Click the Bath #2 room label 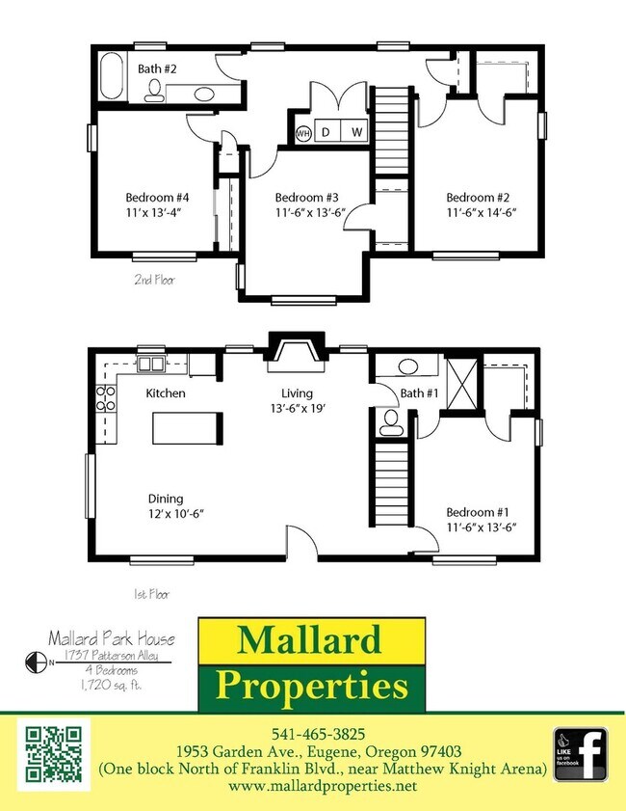[155, 68]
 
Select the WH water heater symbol [303, 132]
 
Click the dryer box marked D [326, 132]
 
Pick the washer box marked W [355, 132]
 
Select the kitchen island [188, 426]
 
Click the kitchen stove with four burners [107, 398]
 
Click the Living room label [298, 392]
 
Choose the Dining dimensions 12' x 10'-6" [175, 514]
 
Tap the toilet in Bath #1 [391, 420]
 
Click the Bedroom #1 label [478, 512]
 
